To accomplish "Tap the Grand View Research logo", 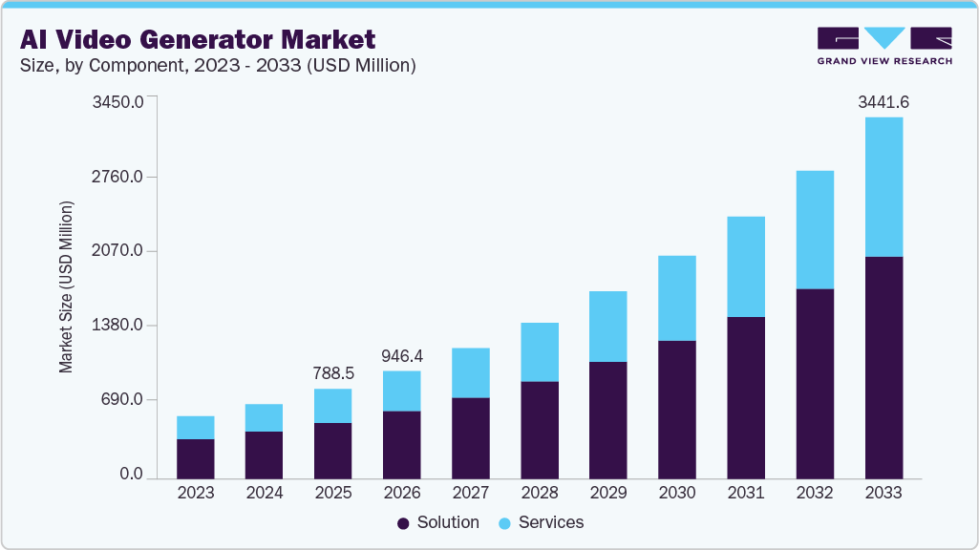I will pyautogui.click(x=884, y=46).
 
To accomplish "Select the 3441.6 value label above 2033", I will pyautogui.click(x=883, y=101).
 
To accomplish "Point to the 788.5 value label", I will pyautogui.click(x=333, y=373).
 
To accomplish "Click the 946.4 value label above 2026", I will pyautogui.click(x=402, y=355).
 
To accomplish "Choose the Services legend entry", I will pyautogui.click(x=541, y=522).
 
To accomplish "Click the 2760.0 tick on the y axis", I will pyautogui.click(x=117, y=177).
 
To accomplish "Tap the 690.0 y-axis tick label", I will pyautogui.click(x=122, y=399).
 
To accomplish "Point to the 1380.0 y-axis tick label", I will pyautogui.click(x=117, y=325).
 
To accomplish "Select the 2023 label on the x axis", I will pyautogui.click(x=196, y=494).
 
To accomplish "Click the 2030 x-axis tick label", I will pyautogui.click(x=677, y=494).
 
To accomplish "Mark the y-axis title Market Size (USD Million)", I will pyautogui.click(x=66, y=286).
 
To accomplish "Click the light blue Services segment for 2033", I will pyautogui.click(x=883, y=187).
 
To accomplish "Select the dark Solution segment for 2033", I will pyautogui.click(x=883, y=368).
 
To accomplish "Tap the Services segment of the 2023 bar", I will pyautogui.click(x=196, y=427).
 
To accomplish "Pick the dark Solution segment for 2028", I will pyautogui.click(x=540, y=430).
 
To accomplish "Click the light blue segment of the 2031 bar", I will pyautogui.click(x=746, y=266).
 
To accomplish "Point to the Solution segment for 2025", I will pyautogui.click(x=333, y=450).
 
